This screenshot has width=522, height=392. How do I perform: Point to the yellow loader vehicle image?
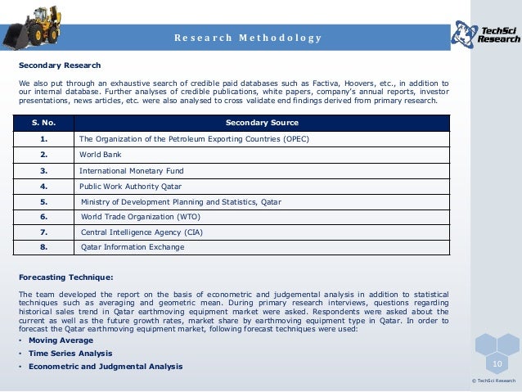click(36, 25)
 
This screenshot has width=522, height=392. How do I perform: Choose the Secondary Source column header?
click(262, 123)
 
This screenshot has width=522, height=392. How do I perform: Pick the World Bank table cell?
click(95, 154)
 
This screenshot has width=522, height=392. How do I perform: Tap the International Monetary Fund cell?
click(131, 171)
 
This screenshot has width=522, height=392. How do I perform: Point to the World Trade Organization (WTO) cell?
click(140, 217)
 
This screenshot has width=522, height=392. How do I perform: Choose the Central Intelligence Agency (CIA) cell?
click(143, 232)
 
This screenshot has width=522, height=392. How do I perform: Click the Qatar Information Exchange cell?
click(132, 246)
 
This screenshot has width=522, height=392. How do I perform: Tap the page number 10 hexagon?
click(497, 363)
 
